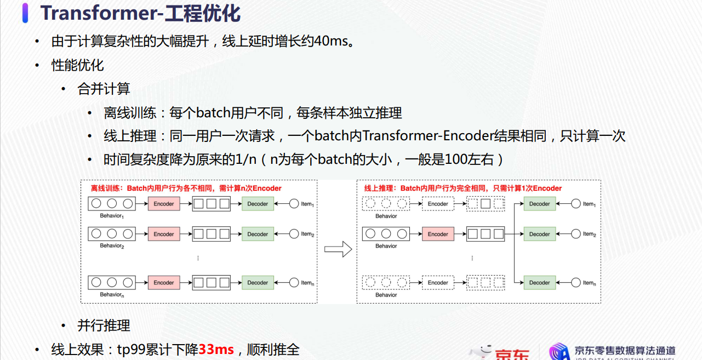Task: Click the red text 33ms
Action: pos(216,350)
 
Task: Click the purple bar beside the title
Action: pos(25,13)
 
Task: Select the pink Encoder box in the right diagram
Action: pos(438,234)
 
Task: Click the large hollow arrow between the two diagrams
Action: pos(338,249)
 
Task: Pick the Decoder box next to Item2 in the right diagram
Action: pos(539,234)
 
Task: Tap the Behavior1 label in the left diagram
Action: pos(112,216)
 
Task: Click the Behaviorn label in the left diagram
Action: pos(112,295)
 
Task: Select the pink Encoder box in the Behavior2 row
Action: pos(164,234)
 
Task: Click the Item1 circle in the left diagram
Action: pos(294,204)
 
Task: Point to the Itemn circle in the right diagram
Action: pos(576,283)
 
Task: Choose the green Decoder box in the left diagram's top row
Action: pos(258,204)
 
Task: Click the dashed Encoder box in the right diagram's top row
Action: pos(438,204)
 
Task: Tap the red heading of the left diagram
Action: pos(186,188)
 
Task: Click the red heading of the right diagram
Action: pos(463,188)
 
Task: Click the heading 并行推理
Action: pos(104,325)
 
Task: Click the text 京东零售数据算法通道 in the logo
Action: pos(625,350)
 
